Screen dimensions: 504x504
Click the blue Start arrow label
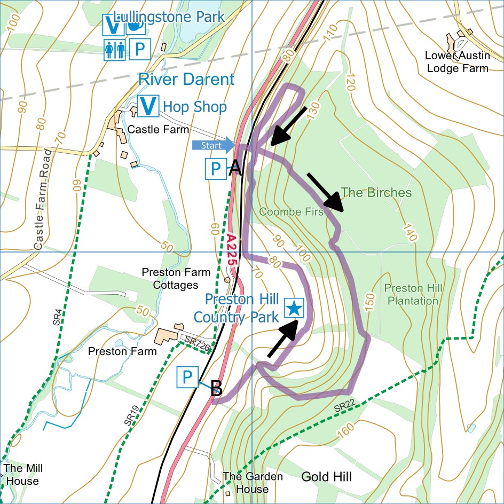(212, 145)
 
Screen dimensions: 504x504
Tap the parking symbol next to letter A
(216, 169)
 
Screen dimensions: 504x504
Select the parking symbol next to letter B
(187, 377)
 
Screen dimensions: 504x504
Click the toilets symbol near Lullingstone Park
(115, 50)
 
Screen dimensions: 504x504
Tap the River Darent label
(186, 80)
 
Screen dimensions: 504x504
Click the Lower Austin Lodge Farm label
(456, 62)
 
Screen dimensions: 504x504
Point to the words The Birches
(376, 192)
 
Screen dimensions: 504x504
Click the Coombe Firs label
(292, 212)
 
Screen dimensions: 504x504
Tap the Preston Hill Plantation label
(413, 295)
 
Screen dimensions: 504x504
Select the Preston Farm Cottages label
(170, 279)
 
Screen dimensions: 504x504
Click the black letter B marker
(216, 389)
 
